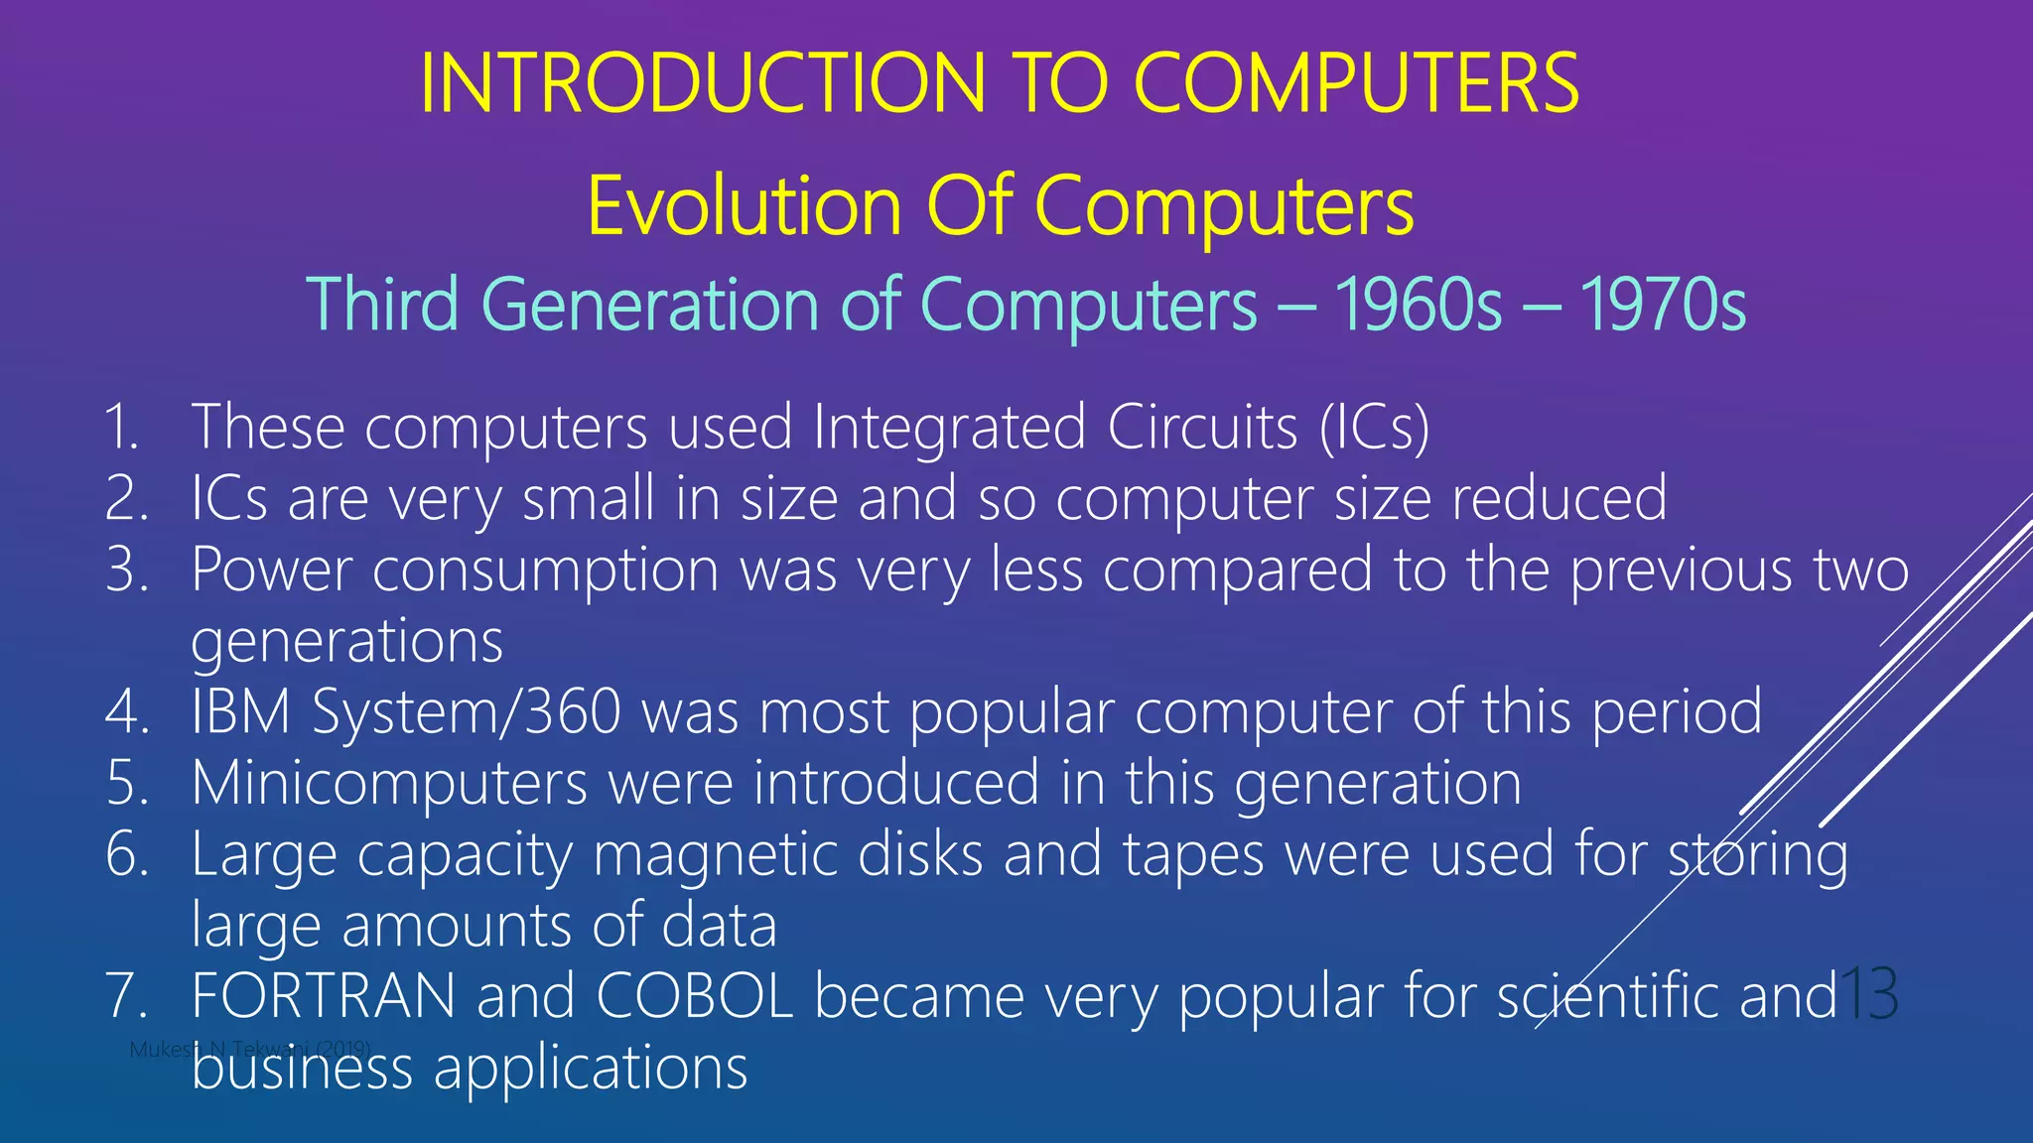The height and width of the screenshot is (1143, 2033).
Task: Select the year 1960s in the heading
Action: (1419, 305)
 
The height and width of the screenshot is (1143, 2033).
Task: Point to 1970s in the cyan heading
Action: (1663, 305)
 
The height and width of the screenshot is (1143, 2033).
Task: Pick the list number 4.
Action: (126, 712)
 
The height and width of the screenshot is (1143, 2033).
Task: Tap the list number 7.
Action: (126, 996)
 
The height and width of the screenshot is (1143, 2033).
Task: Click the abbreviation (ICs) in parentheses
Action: (1375, 428)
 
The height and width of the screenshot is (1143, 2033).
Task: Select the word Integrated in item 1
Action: (950, 428)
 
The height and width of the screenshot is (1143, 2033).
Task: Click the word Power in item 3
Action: (271, 571)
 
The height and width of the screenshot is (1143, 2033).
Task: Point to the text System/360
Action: (467, 712)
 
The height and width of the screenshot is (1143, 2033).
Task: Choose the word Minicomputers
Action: (389, 783)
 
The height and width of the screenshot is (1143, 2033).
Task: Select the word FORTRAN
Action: (324, 996)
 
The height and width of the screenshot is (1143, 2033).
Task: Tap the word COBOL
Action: (695, 996)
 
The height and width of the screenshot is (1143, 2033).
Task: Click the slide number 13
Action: (1868, 994)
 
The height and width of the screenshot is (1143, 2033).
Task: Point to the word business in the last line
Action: (302, 1068)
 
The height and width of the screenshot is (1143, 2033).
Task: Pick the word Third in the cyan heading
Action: (382, 305)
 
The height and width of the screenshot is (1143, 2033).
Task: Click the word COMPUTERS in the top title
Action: (1356, 83)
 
